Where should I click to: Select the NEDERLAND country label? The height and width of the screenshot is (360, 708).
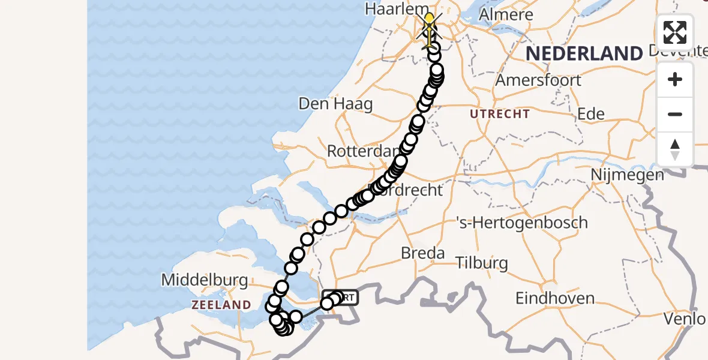point(584,53)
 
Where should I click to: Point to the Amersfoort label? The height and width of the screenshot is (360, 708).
point(539,80)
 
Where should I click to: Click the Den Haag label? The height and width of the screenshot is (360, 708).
point(335,103)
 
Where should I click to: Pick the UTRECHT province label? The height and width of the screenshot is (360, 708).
point(500,114)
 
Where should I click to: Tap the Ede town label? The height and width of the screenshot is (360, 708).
point(590,114)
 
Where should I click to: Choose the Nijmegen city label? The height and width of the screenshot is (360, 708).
point(627,175)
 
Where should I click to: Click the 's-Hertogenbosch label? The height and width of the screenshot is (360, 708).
point(522,223)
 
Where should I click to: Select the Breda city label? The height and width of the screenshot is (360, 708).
point(423,253)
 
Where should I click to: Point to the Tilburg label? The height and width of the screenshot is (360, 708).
point(481,263)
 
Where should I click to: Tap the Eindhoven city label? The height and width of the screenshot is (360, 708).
point(555,298)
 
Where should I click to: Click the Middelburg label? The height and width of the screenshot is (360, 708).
point(205,280)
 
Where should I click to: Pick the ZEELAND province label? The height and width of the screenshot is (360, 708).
point(221,305)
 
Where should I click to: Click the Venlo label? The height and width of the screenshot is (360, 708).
point(685,318)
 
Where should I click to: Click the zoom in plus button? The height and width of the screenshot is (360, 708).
point(675,79)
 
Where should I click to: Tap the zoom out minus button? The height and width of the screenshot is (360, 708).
point(675,114)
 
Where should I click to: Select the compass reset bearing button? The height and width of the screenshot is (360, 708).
point(675,149)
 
